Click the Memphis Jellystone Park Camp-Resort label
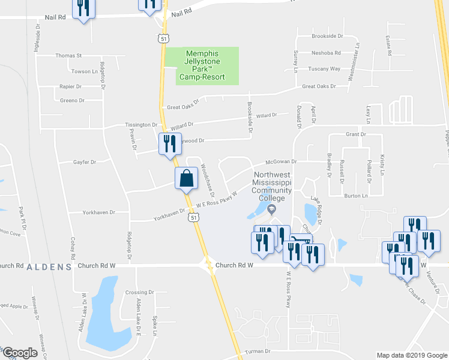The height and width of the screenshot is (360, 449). (201, 65)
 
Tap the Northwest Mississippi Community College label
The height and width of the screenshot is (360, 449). (271, 185)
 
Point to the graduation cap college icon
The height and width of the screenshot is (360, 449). (271, 209)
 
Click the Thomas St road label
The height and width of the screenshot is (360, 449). (68, 56)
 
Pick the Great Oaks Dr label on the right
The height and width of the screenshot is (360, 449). (319, 86)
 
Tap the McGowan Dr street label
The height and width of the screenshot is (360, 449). (282, 161)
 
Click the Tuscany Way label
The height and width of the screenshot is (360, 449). (324, 69)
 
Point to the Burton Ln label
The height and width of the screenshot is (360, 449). (355, 196)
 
